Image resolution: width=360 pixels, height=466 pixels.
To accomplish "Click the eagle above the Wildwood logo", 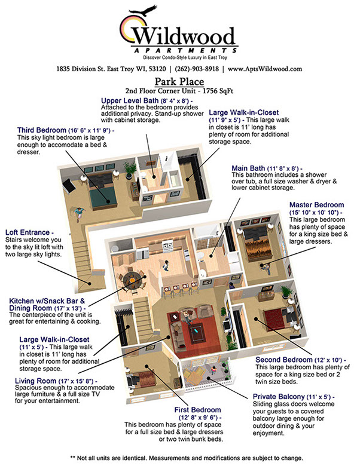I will pyautogui.click(x=146, y=11).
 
